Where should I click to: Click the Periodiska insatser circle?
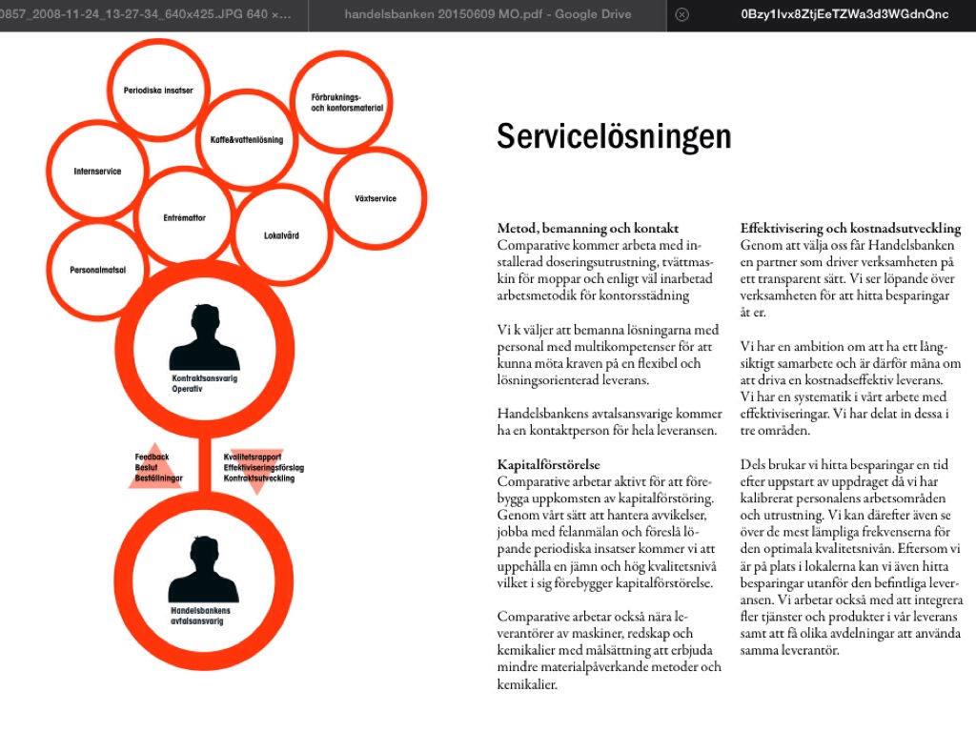158,91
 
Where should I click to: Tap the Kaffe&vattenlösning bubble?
247,139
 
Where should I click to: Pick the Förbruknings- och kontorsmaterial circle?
341,102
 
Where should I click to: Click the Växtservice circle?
376,198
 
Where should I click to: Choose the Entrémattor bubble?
184,217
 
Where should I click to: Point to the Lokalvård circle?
281,234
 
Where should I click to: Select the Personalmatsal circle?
97,270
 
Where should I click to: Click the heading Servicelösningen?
613,136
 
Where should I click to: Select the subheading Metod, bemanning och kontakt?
588,229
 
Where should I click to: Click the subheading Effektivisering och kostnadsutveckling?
850,229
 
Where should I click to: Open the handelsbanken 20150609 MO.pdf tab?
486,14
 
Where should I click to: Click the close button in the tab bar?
681,14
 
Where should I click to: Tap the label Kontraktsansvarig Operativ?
204,384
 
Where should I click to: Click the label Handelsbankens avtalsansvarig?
200,616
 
